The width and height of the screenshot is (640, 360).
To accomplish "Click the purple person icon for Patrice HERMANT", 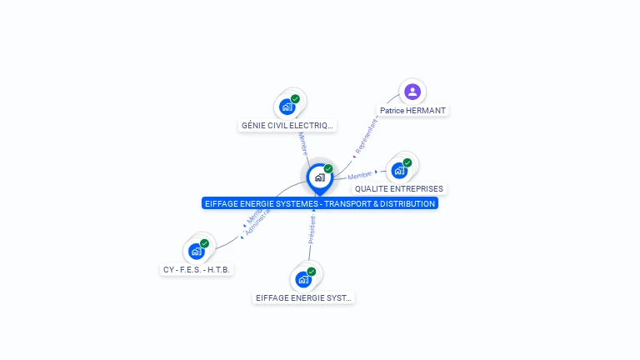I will point(412,92).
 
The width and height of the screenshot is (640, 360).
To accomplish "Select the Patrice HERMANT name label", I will point(412,110).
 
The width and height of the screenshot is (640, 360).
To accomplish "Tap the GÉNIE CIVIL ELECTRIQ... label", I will point(287,126).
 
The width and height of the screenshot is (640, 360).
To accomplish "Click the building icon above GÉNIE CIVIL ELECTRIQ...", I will point(287,107).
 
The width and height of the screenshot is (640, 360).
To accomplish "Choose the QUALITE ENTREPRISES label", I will point(399,189).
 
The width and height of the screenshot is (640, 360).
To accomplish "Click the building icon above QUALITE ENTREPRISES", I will point(399,170).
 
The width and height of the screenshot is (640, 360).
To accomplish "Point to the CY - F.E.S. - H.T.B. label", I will point(197,269).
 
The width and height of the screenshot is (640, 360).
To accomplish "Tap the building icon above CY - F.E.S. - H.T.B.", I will point(197,251).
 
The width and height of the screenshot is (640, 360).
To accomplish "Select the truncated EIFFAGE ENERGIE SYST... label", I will point(303,297).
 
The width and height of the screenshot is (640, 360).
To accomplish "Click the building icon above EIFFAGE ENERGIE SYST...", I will point(303,279).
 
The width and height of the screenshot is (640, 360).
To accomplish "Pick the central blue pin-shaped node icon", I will point(319,177).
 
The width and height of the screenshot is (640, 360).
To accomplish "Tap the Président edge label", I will point(312,229).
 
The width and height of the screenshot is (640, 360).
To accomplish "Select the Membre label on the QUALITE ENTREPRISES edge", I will point(360,175).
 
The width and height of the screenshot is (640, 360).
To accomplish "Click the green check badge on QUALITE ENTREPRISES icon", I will point(407,163).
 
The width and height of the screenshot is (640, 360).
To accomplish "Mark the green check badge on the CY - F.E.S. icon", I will point(205,243).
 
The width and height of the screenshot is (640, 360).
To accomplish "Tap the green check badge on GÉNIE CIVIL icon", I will point(295,99).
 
